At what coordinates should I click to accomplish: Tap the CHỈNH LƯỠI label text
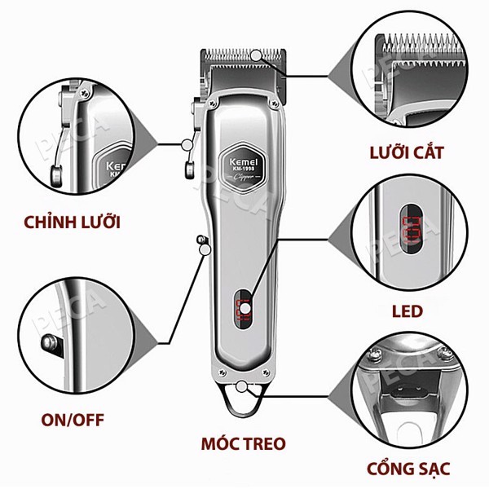73,222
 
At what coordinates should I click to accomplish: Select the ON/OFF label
73,421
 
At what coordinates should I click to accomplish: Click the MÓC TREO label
244,444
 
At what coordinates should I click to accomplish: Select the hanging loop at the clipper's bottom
244,399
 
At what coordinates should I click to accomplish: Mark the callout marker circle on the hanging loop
245,385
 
